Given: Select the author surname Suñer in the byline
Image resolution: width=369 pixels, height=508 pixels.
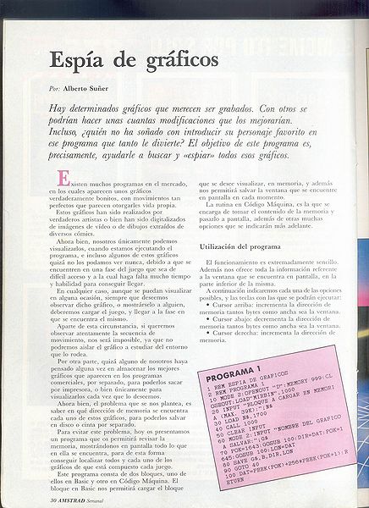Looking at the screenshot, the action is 95,89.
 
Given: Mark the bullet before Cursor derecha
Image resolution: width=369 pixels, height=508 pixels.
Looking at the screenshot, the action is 207,332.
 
